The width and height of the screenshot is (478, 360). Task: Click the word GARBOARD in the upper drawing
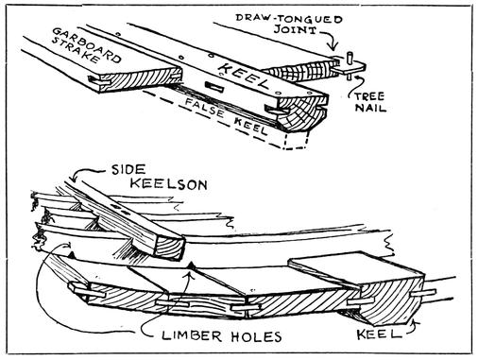[87, 44]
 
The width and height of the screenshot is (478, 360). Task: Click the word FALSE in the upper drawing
[204, 108]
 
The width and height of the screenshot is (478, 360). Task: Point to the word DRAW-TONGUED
[289, 18]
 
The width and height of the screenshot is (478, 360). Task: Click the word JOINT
[295, 29]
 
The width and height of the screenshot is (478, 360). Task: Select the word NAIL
[370, 108]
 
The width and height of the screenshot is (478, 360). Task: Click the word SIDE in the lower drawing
[128, 170]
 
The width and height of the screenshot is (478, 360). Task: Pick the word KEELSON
[169, 184]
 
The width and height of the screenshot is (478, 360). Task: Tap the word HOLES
[256, 336]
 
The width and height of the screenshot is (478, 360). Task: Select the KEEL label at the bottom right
[379, 334]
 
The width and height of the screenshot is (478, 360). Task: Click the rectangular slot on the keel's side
[214, 87]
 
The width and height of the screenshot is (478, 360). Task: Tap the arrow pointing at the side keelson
[86, 174]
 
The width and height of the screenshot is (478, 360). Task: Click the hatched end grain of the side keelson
[170, 249]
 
